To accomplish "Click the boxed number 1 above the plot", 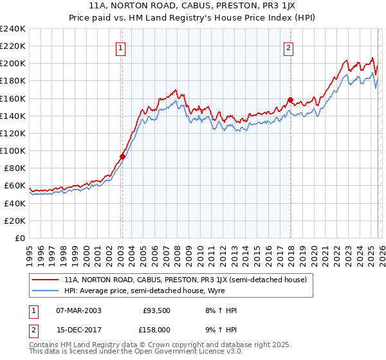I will pyautogui.click(x=122, y=46).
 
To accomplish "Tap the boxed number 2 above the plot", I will pyautogui.click(x=289, y=46).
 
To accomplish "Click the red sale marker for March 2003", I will pyautogui.click(x=122, y=156).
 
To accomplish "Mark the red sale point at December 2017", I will pyautogui.click(x=290, y=100).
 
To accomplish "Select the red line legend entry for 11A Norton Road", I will pyautogui.click(x=187, y=280).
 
